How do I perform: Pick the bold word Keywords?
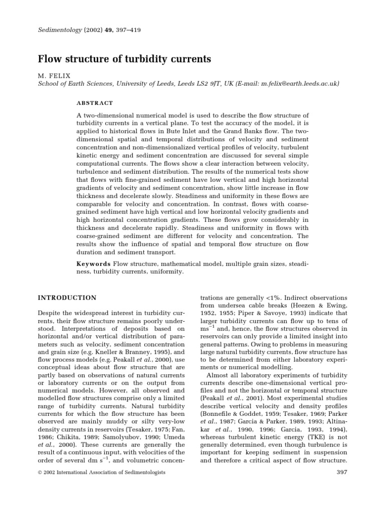point(94,264)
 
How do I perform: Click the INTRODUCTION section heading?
point(68,298)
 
